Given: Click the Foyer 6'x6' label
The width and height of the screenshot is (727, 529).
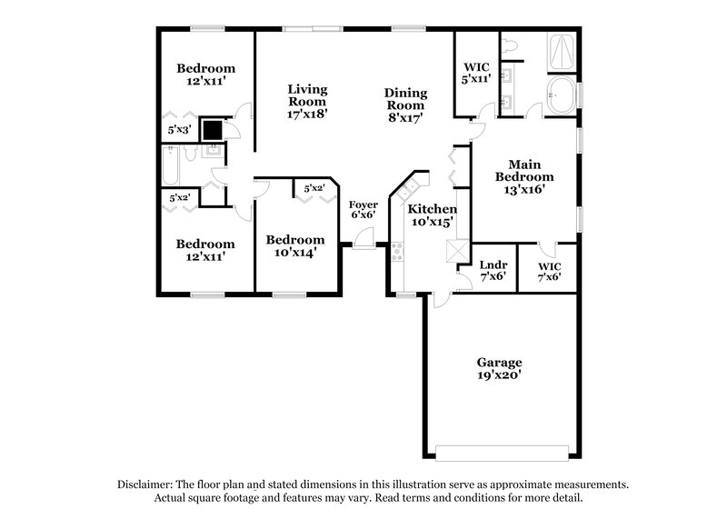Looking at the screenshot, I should pos(363,210).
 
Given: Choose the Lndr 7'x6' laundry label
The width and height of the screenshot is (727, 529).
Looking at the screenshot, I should pos(493,270).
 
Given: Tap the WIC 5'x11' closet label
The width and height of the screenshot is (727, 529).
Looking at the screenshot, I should pos(477,73).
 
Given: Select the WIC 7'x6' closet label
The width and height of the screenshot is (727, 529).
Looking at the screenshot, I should pos(550,270).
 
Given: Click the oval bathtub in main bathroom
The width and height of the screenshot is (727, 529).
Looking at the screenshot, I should pos(559,95).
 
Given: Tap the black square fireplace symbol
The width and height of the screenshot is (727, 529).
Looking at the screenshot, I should pos(212,131).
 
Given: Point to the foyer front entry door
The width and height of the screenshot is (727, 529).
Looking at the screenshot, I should pos(363,239).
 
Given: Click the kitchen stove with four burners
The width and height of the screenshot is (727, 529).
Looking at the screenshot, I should pos(397,251).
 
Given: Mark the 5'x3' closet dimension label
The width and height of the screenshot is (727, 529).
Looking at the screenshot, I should pos(178,131).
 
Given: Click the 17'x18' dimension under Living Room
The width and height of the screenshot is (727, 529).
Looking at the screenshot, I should pos(307,114).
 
